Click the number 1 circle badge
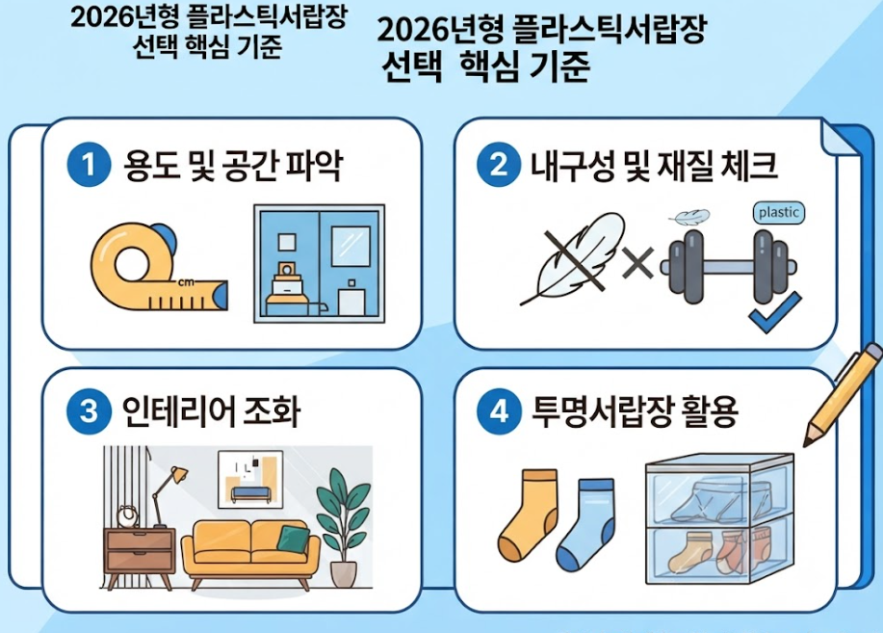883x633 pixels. point(89,165)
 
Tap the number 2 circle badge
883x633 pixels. point(499,165)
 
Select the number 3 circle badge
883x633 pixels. point(89,410)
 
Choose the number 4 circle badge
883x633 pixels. point(499,410)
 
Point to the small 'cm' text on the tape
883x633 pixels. point(186,282)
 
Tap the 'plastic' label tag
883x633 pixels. point(779,213)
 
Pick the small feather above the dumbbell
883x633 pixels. point(689,217)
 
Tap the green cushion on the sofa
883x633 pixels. point(293,539)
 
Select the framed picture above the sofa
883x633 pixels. point(250,479)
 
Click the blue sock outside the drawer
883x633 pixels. point(585,524)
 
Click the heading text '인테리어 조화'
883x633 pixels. point(211,411)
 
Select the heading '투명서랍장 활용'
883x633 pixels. point(635,411)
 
